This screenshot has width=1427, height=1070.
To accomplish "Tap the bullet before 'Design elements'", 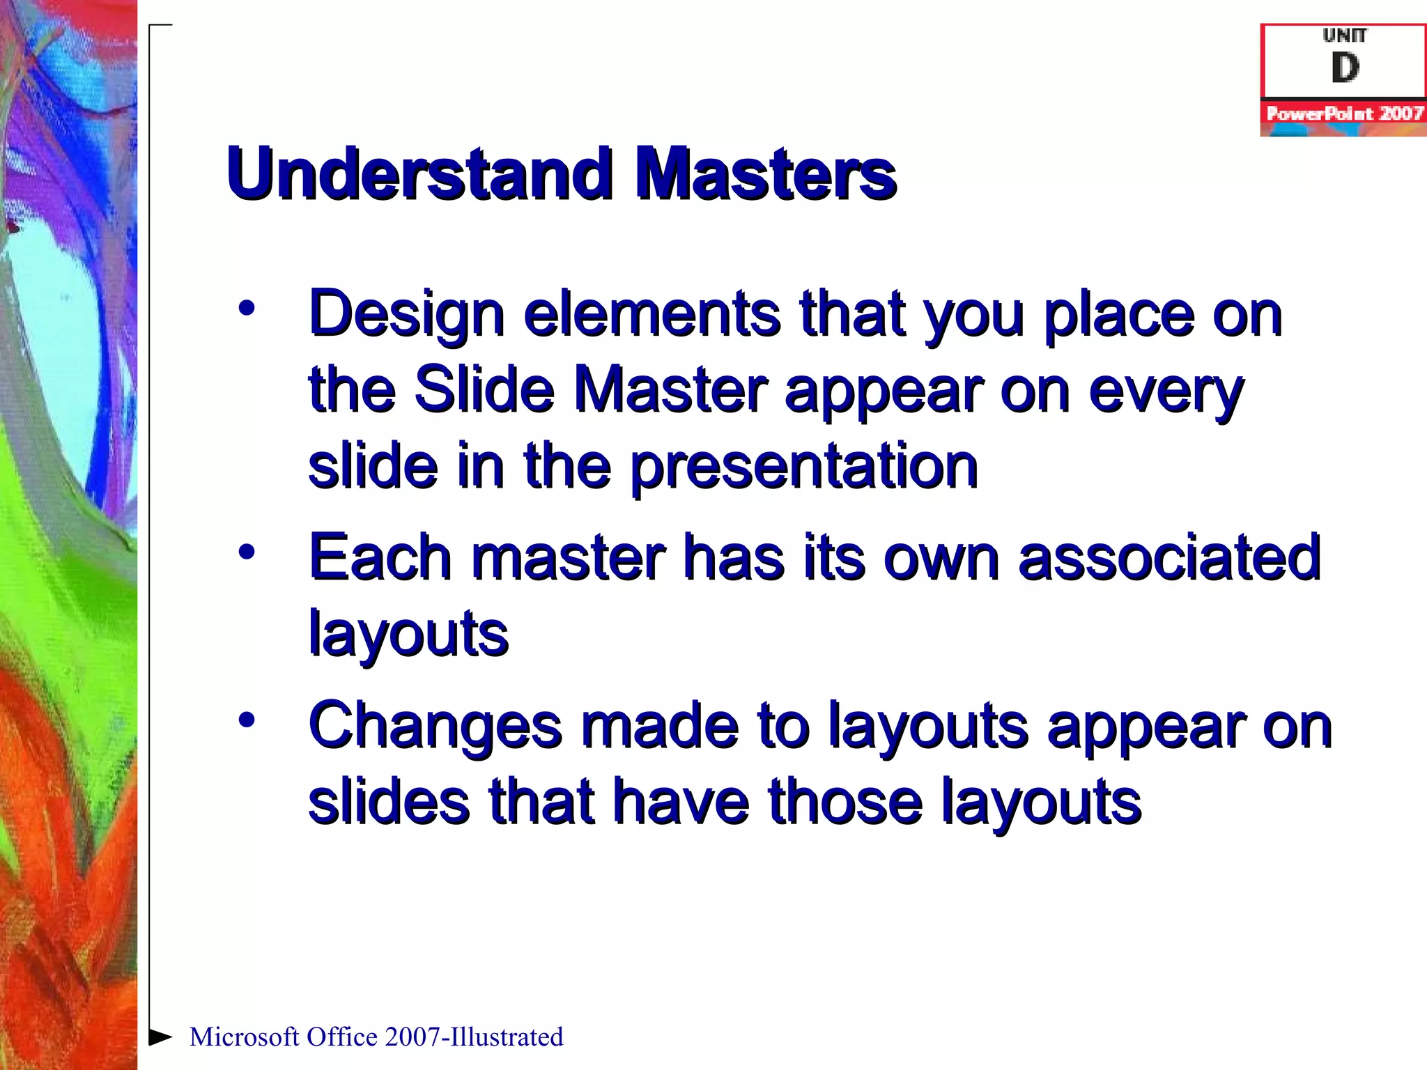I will click(x=247, y=308).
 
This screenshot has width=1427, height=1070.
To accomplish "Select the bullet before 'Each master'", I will click(x=247, y=552).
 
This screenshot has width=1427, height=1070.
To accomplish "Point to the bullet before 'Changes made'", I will click(x=247, y=720).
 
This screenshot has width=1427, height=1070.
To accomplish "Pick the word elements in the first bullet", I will click(x=651, y=314).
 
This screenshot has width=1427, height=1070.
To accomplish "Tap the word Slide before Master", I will click(x=484, y=390).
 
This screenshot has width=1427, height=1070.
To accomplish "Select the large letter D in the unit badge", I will click(x=1345, y=68).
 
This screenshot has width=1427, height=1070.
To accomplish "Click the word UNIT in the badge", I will click(x=1345, y=35).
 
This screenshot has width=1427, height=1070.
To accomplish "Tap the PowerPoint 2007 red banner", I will click(x=1344, y=114).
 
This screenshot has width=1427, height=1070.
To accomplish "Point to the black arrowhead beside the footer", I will click(x=160, y=1037).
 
